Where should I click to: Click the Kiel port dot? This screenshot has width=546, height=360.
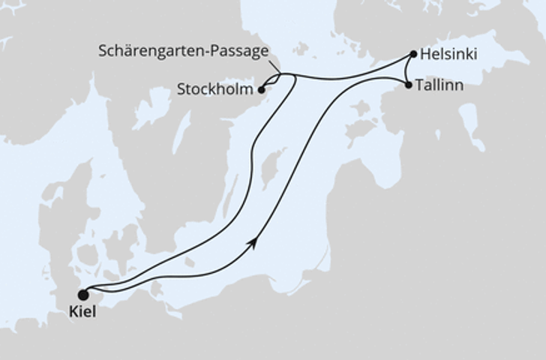(x=83, y=294)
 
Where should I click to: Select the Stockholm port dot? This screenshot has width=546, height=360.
(x=261, y=91)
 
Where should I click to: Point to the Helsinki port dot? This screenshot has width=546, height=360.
(x=412, y=54)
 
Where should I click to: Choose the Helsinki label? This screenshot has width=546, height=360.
(x=448, y=55)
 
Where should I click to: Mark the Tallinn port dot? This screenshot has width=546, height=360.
(x=408, y=85)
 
